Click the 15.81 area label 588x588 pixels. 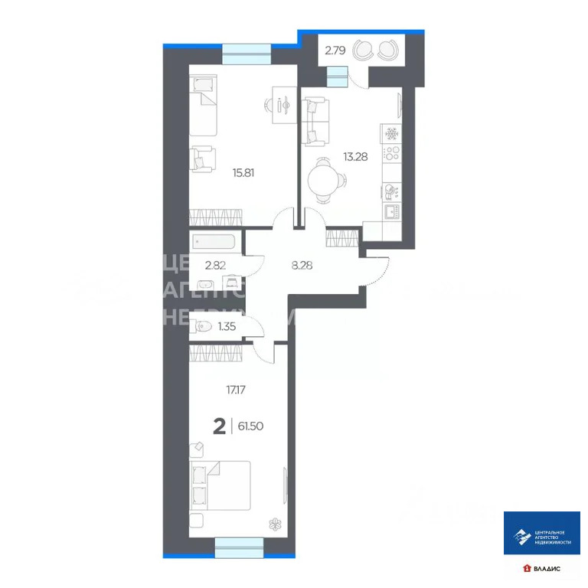coord(243,172)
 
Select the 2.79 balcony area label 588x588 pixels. coord(335,51)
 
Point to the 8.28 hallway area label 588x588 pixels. coord(302,266)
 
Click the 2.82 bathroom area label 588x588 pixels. coord(216,266)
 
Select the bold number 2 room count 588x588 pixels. coord(219,426)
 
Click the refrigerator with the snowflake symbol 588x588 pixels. coord(391,132)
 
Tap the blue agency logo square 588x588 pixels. coord(541,533)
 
